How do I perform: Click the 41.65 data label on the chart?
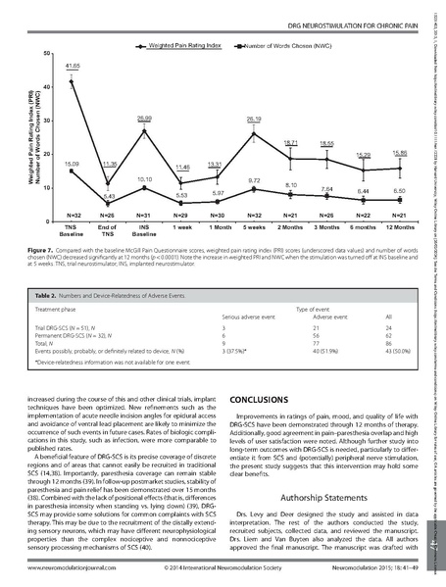pyautogui.click(x=73, y=65)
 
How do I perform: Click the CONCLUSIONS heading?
pyautogui.click(x=257, y=401)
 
